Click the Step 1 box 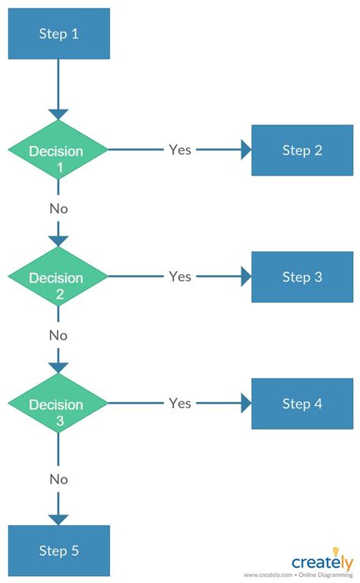coord(58,33)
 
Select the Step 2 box coord(302,150)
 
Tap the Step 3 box coord(302,277)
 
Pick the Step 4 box coord(302,404)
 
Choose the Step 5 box coord(58,550)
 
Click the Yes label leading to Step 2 coord(180,150)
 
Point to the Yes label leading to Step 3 coord(180,277)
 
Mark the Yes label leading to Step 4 coord(180,403)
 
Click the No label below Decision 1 coord(58,208)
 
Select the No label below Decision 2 coord(58,335)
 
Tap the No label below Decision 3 coord(58,480)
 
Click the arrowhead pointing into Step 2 coord(246,150)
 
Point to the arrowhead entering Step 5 coord(58,520)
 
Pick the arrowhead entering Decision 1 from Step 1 coord(58,115)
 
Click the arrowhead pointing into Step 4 coord(246,404)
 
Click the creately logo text coord(320,563)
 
